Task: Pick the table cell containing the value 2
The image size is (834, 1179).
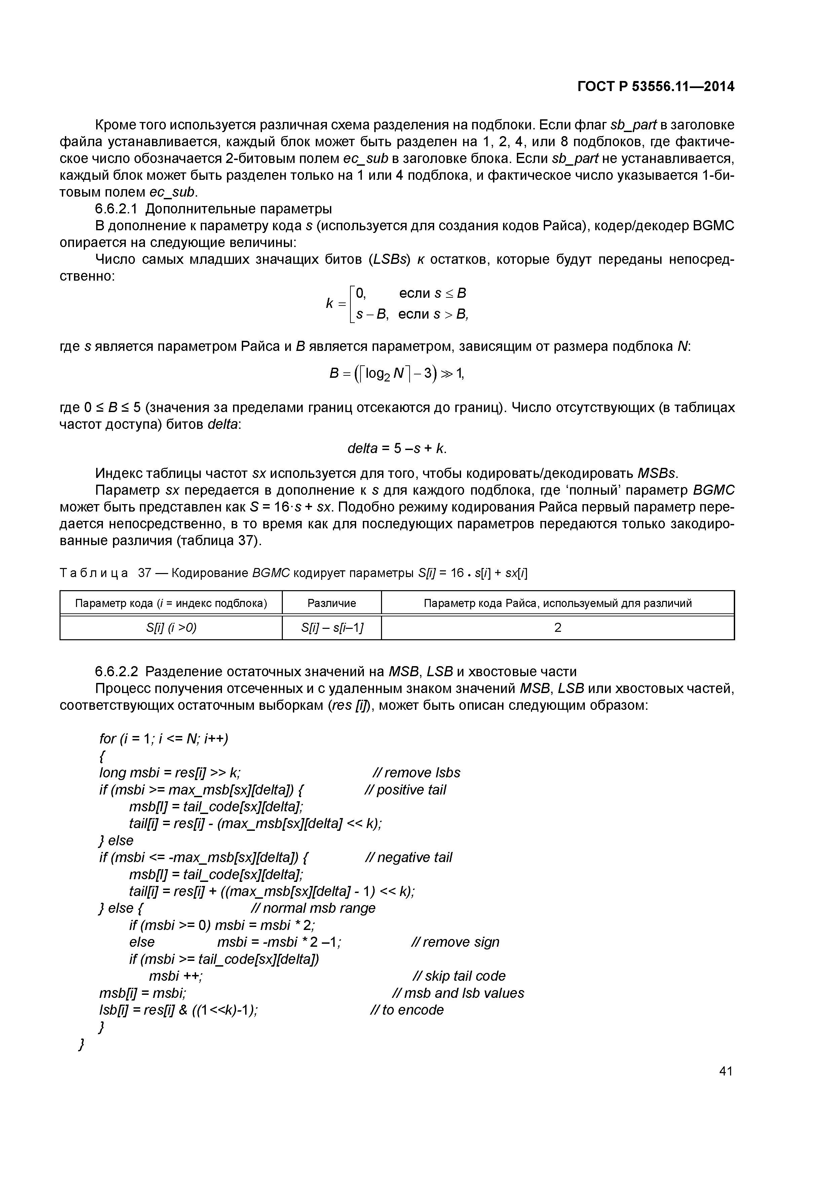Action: point(558,627)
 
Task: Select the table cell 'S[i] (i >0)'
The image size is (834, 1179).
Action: point(171,627)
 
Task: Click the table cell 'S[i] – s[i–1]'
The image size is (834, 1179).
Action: point(332,627)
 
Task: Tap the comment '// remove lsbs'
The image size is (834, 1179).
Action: point(416,773)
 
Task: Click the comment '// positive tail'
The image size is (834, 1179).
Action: point(405,790)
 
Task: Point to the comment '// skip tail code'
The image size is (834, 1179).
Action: point(459,976)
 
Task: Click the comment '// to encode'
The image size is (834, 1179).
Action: point(407,1010)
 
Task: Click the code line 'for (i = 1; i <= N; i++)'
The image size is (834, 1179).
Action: point(163,739)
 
